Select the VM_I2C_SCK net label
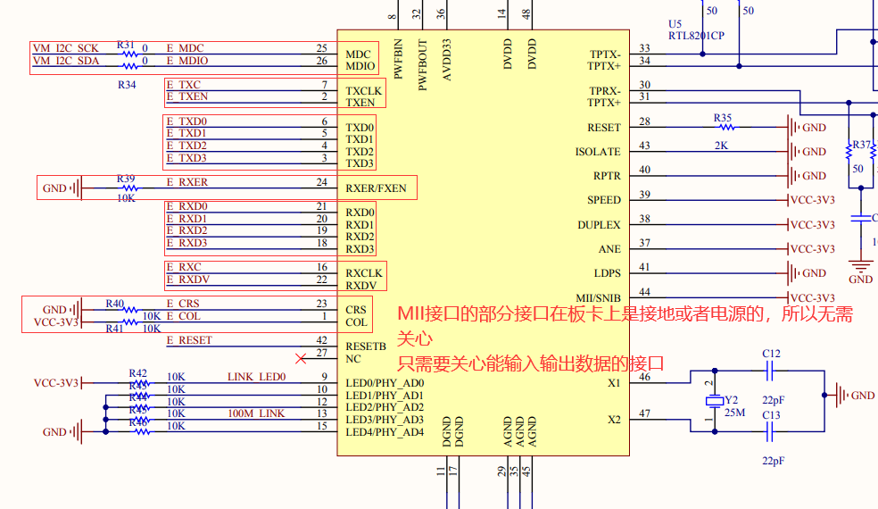(x=66, y=48)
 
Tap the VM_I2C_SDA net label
(x=66, y=61)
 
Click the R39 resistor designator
(x=126, y=179)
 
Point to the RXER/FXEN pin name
(x=376, y=188)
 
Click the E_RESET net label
(x=189, y=340)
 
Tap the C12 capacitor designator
(x=771, y=354)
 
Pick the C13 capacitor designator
(x=771, y=414)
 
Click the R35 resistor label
(x=722, y=117)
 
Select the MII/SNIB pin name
(x=599, y=297)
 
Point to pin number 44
(x=644, y=292)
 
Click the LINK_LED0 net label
(x=256, y=377)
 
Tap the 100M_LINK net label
(x=256, y=413)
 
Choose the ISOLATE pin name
(x=598, y=152)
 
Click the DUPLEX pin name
(x=599, y=225)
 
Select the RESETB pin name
(x=366, y=346)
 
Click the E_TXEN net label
(x=187, y=96)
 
